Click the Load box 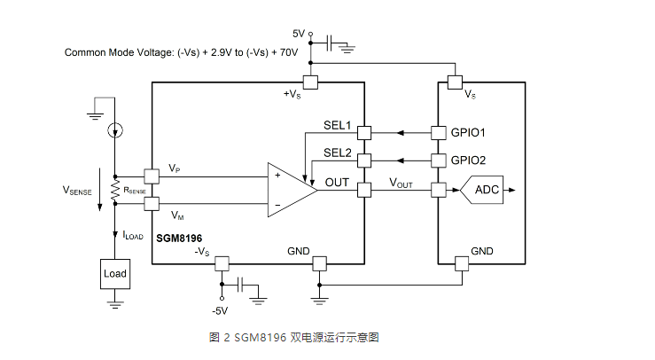tap(115, 274)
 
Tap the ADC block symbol tap(487, 190)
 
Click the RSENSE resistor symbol tap(114, 190)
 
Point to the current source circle tap(114, 131)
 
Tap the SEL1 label tap(338, 125)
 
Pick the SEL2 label tap(338, 153)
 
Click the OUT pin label tap(338, 183)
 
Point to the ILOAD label tap(133, 236)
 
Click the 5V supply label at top tap(299, 34)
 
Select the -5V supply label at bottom tap(220, 310)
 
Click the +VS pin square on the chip tap(310, 82)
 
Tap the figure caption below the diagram tap(294, 338)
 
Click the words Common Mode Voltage tap(119, 52)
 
